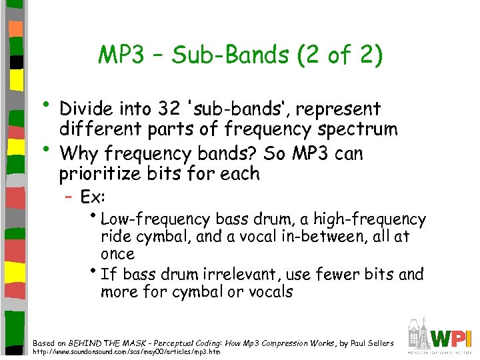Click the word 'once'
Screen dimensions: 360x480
pos(117,254)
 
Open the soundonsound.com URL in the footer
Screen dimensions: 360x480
pos(127,352)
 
